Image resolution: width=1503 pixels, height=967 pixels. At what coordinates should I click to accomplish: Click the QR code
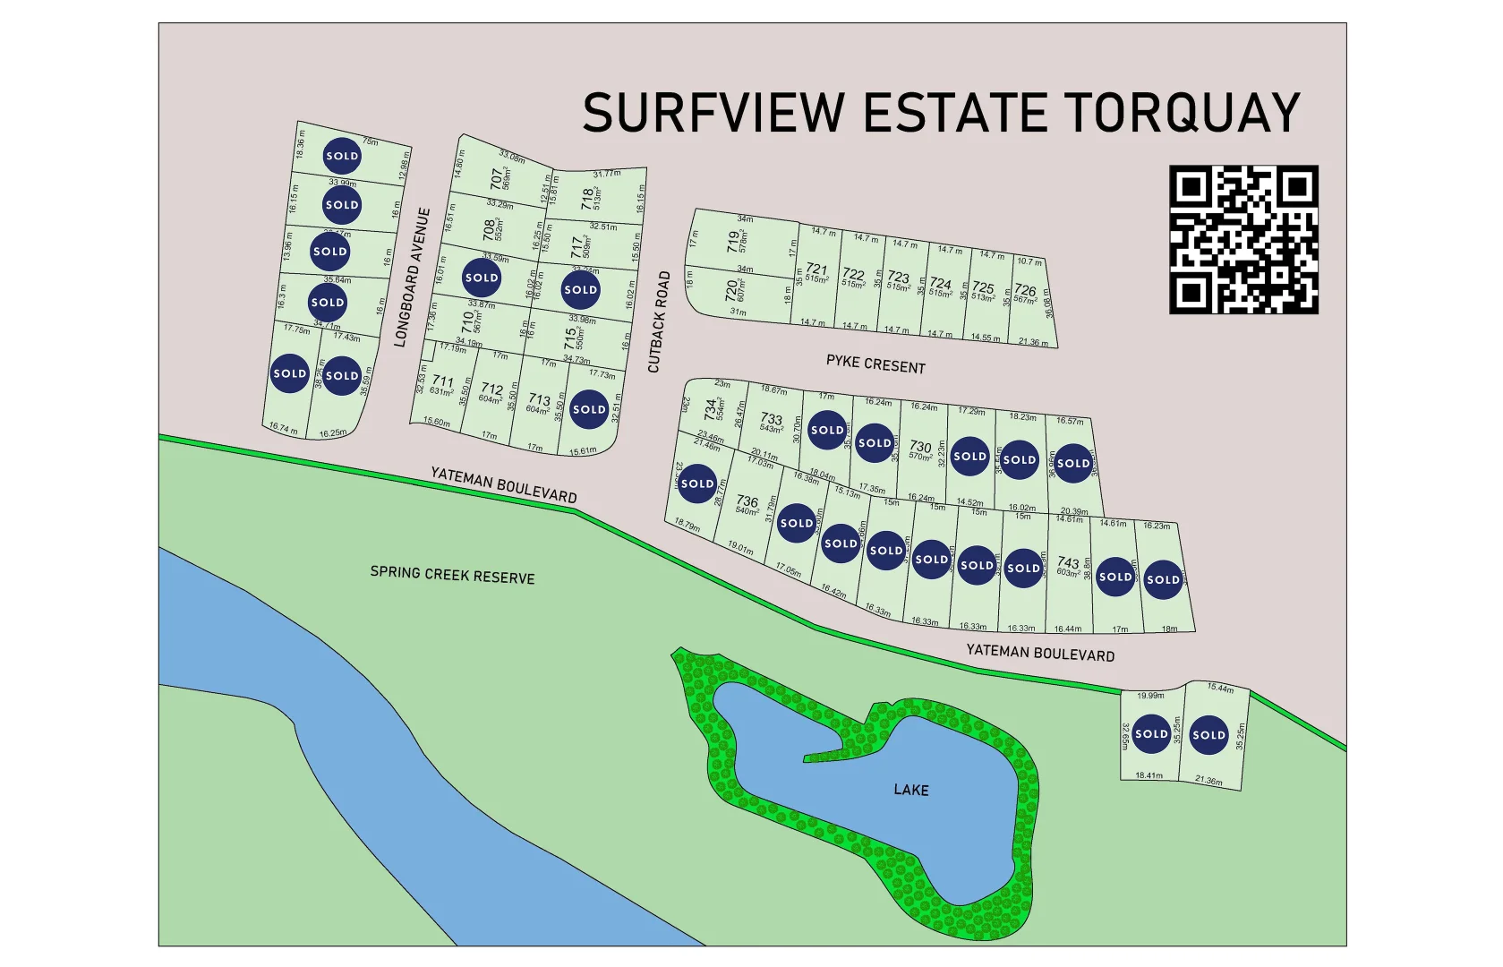coord(1243,239)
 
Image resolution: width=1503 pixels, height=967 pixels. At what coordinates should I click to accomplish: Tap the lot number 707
coord(496,178)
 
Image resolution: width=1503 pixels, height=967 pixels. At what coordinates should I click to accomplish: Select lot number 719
coord(733,240)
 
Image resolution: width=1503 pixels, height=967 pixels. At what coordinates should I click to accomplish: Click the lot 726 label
coord(1025,291)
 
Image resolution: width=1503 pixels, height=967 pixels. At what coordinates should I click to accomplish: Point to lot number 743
coord(1068,563)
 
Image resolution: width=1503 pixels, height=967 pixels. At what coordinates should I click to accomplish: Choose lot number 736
coord(747,502)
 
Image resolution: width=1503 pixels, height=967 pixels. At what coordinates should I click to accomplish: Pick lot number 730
coord(920,447)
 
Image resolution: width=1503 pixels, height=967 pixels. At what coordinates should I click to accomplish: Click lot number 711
coord(442,381)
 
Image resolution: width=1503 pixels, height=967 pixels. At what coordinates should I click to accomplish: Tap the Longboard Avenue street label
coord(412,278)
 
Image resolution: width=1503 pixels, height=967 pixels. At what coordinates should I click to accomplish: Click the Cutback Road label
coord(659,322)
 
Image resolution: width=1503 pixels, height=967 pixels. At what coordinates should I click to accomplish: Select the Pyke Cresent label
coord(875,364)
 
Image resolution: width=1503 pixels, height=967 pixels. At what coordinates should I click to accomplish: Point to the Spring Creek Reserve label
coord(452,575)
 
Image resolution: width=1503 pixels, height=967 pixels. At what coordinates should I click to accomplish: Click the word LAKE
coord(911,790)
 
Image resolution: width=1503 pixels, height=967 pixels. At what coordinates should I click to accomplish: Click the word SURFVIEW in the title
coord(713,113)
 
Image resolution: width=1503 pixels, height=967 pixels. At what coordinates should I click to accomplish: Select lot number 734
coord(711,409)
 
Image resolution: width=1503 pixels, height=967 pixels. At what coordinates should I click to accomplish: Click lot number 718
coord(586,196)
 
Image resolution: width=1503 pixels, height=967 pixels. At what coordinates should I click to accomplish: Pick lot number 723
coord(898,278)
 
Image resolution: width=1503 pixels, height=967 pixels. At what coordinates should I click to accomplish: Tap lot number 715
coord(570,338)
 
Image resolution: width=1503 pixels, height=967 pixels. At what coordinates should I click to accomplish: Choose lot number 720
coord(731,290)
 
